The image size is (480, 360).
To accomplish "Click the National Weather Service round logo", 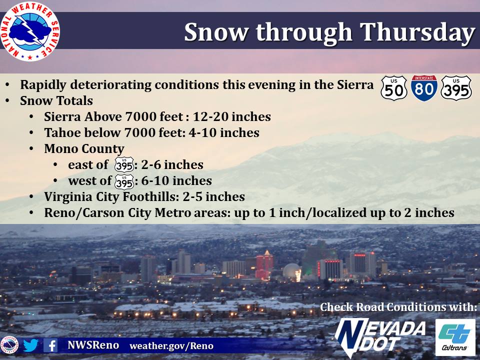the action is (x=29, y=31).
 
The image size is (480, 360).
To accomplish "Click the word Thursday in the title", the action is (x=417, y=32).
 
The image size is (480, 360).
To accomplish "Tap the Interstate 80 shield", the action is (x=424, y=88).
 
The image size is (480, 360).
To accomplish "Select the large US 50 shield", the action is (x=394, y=88).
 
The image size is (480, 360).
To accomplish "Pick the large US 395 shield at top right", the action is (x=456, y=88).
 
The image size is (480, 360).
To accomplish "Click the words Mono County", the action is (x=84, y=149).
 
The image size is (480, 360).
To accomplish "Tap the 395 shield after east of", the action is (x=124, y=165).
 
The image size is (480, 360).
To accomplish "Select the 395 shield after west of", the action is (x=124, y=182).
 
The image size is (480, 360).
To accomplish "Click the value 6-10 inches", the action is (x=176, y=180).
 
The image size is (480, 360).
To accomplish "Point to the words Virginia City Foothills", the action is (x=111, y=197).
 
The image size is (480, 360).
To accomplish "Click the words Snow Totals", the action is (x=56, y=100).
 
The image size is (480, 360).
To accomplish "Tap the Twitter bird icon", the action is (x=30, y=345).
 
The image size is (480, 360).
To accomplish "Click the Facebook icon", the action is (x=50, y=345).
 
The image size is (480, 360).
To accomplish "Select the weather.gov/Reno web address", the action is (x=171, y=346).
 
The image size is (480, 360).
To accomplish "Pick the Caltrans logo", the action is (x=455, y=337).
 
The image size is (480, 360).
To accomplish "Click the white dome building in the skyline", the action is (x=292, y=272).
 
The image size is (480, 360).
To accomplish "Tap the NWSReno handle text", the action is (x=93, y=345).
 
